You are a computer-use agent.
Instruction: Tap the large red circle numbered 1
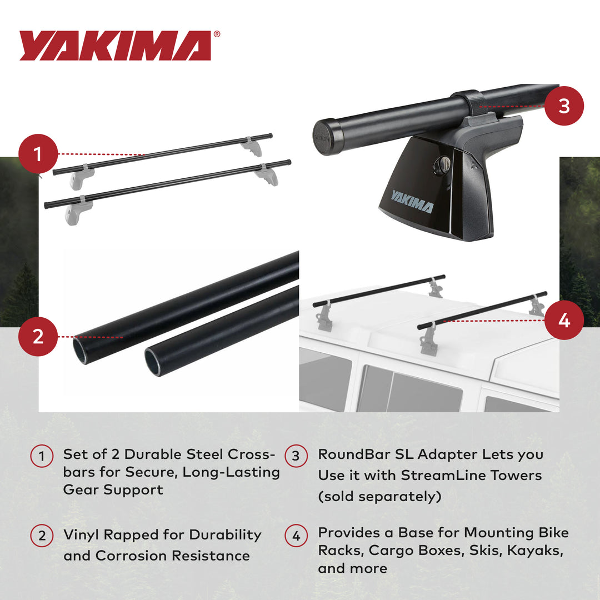(x=38, y=154)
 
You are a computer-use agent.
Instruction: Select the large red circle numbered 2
(x=38, y=336)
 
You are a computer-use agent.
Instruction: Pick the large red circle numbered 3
(x=564, y=106)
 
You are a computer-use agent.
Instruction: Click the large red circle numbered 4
(x=564, y=321)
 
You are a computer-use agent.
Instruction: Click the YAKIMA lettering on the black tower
(x=411, y=202)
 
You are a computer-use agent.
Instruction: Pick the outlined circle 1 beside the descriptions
(x=42, y=456)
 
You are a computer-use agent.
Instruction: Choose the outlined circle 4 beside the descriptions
(x=296, y=536)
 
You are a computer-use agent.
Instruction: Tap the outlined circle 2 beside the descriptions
(x=42, y=536)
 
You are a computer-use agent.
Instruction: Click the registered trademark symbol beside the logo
(x=217, y=34)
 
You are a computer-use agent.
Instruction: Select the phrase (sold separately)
(x=379, y=496)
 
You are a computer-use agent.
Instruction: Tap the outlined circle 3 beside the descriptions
(x=296, y=456)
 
